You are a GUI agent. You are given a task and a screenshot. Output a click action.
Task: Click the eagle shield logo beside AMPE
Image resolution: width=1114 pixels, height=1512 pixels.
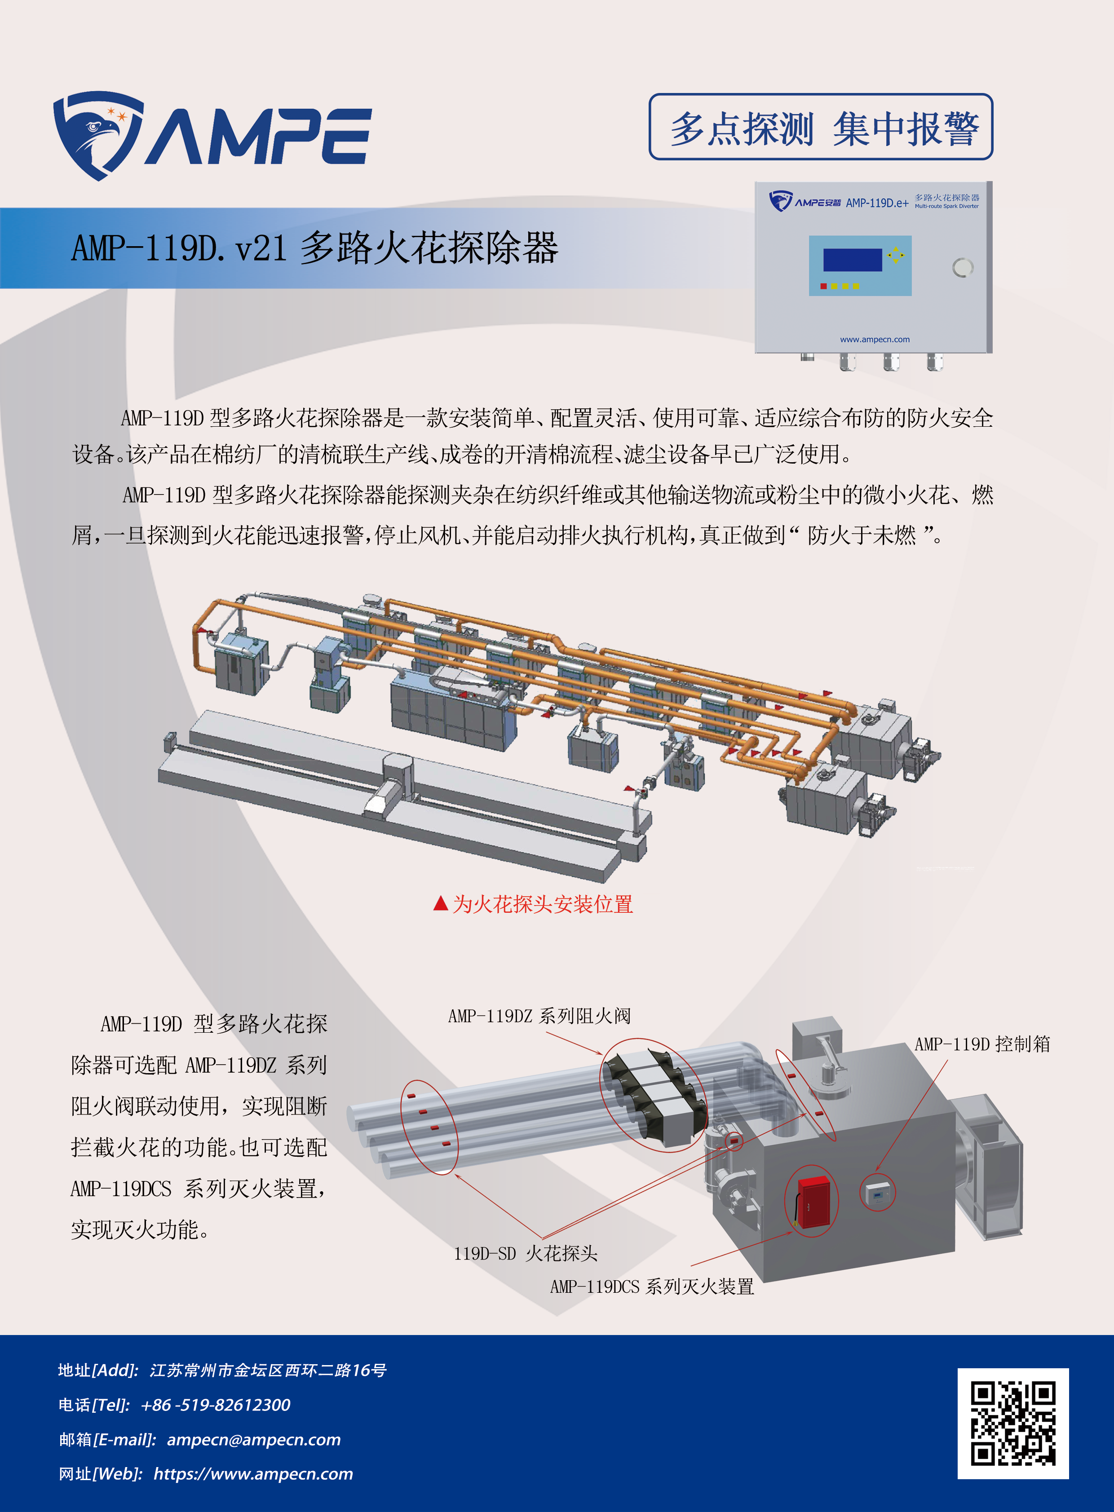(98, 135)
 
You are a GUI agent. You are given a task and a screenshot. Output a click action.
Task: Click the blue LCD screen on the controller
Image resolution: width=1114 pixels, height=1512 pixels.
(853, 260)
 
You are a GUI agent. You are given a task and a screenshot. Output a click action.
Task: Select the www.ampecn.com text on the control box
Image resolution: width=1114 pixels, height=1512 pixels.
(875, 339)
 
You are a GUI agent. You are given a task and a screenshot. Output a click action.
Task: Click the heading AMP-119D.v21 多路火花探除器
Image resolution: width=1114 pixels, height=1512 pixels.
(314, 248)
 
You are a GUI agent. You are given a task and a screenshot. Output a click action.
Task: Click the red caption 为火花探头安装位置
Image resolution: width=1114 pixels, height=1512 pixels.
(542, 904)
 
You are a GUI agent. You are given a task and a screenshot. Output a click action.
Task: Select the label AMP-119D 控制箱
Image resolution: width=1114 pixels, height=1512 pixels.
(982, 1044)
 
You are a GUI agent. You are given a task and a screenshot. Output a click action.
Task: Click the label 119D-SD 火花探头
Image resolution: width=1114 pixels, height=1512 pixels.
(525, 1253)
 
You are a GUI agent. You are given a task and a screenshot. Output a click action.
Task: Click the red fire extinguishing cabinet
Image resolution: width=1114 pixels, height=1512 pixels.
(813, 1200)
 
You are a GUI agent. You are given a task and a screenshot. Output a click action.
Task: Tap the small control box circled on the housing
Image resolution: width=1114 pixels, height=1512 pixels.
(877, 1194)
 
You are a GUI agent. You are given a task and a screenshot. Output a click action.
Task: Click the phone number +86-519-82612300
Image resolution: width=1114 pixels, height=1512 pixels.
(215, 1405)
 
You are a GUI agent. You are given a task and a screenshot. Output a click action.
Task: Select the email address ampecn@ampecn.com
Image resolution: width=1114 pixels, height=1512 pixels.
(253, 1439)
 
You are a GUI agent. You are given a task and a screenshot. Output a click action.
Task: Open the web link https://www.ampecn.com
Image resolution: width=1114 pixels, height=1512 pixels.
(253, 1473)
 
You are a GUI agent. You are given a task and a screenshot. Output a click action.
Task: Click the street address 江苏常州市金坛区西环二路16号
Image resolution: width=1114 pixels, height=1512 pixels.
(268, 1370)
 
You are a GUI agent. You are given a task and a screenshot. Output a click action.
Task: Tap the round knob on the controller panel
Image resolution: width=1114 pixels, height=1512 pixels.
(962, 268)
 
